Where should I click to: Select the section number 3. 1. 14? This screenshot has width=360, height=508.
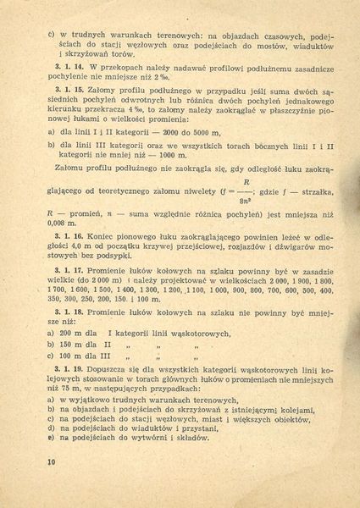coord(69,65)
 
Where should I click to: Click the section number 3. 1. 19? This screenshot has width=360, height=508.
coord(69,372)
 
